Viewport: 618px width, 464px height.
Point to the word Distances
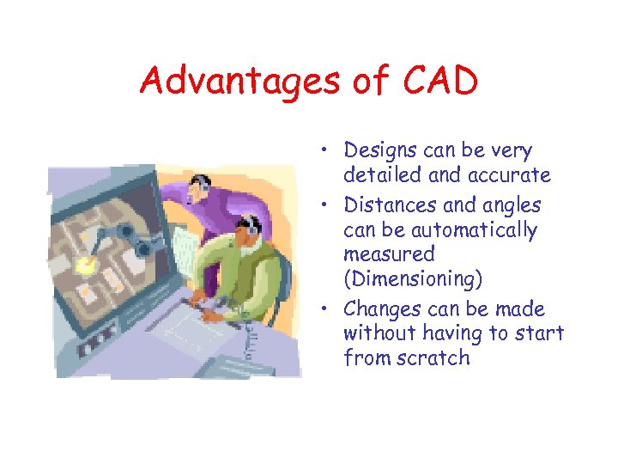(385, 205)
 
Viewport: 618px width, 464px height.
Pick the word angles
(512, 205)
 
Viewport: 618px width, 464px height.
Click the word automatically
(440, 230)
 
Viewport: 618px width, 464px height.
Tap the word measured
(389, 254)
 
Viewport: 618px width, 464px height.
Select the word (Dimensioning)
(413, 279)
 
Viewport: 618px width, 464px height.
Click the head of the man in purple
(198, 184)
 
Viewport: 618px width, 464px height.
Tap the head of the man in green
(248, 229)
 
